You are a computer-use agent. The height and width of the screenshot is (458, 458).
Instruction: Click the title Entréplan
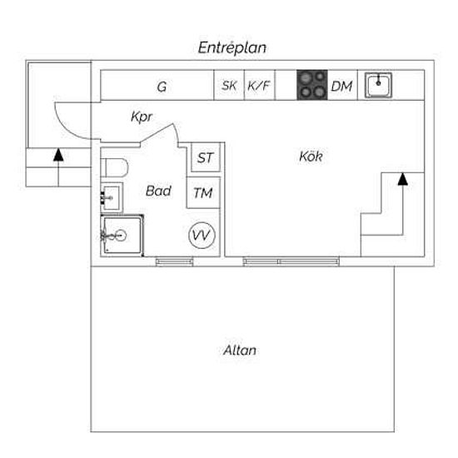tap(232, 48)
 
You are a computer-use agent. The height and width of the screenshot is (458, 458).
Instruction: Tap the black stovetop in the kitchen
tap(312, 85)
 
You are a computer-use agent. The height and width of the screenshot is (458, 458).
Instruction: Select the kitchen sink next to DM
tap(378, 85)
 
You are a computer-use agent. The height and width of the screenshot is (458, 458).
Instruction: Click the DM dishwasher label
tap(341, 86)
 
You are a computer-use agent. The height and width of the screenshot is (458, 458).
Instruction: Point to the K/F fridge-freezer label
tap(258, 86)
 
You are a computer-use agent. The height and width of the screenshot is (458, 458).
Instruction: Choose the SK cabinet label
tap(229, 86)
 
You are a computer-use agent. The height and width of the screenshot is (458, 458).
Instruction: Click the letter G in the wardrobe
tap(162, 87)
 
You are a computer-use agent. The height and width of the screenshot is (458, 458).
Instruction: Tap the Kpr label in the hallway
tap(142, 117)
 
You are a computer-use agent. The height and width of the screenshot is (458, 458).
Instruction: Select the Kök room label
tap(311, 157)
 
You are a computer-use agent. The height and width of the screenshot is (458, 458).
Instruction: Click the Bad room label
tap(158, 191)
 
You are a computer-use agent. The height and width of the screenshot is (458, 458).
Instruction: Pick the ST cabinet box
tap(206, 157)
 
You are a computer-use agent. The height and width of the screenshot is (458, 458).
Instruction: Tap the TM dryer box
tap(203, 192)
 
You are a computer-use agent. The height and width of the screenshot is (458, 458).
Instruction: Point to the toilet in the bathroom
tap(114, 167)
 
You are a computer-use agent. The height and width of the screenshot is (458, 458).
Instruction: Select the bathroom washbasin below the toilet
tap(112, 197)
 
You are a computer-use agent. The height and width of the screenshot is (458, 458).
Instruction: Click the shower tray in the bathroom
tap(122, 236)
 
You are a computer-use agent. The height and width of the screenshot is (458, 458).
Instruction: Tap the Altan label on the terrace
tap(240, 351)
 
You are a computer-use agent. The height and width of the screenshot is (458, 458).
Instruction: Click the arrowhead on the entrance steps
tap(58, 155)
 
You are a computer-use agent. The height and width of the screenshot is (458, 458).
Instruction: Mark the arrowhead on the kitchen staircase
tap(403, 179)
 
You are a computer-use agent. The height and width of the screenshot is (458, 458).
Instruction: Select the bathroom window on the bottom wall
tap(174, 261)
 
